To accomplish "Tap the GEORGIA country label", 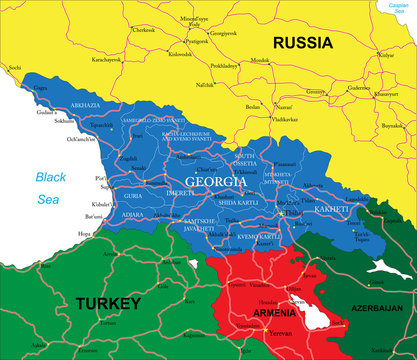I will pos(209,183).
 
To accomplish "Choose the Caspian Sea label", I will pos(401,7).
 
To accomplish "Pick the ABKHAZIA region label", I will pos(85,105).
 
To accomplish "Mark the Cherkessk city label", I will pos(144,30).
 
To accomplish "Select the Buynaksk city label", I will pos(392,125).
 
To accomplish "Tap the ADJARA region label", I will pos(132,214).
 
